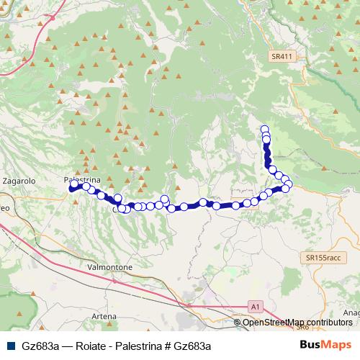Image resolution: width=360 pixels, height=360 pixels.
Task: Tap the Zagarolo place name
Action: tap(19, 181)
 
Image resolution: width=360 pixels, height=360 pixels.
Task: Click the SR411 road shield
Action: tap(285, 55)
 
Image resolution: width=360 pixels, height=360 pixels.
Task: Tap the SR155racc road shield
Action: tap(322, 257)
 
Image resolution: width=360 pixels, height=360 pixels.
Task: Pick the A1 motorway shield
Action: tap(255, 307)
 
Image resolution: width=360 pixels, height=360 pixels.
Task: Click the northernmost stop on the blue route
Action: tap(265, 130)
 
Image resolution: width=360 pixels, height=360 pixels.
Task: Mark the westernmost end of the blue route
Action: tap(72, 189)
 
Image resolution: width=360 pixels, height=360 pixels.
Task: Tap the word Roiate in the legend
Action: tap(89, 346)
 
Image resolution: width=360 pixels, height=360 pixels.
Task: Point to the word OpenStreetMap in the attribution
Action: tap(271, 322)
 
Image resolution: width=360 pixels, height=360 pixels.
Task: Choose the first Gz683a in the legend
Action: tap(40, 346)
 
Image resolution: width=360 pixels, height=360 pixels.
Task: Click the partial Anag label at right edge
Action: tap(351, 312)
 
